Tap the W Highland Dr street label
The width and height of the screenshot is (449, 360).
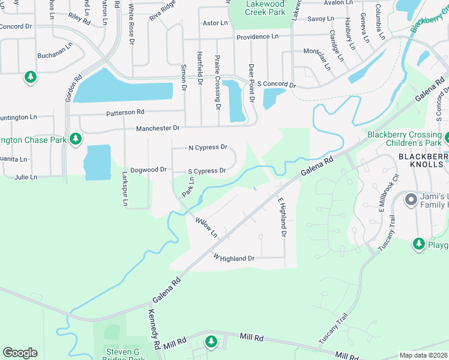(x=234, y=258)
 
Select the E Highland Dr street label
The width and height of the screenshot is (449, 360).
(x=281, y=217)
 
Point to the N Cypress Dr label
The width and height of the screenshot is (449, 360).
(x=208, y=147)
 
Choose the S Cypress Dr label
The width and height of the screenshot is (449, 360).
(x=206, y=171)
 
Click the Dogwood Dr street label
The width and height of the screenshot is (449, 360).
(x=148, y=170)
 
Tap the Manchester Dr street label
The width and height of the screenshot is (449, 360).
(x=158, y=128)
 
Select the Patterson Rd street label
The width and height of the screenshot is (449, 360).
(x=125, y=112)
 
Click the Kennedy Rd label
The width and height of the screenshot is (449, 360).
(x=154, y=331)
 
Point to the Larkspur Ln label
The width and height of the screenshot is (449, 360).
(x=125, y=191)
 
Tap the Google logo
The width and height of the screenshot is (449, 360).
(x=20, y=353)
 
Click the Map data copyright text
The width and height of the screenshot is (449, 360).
(x=424, y=355)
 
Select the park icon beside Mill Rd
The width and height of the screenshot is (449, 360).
(x=211, y=341)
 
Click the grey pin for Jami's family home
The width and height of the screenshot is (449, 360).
(x=411, y=199)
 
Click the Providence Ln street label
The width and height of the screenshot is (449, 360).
(x=257, y=37)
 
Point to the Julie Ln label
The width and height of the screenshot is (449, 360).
(x=26, y=177)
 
